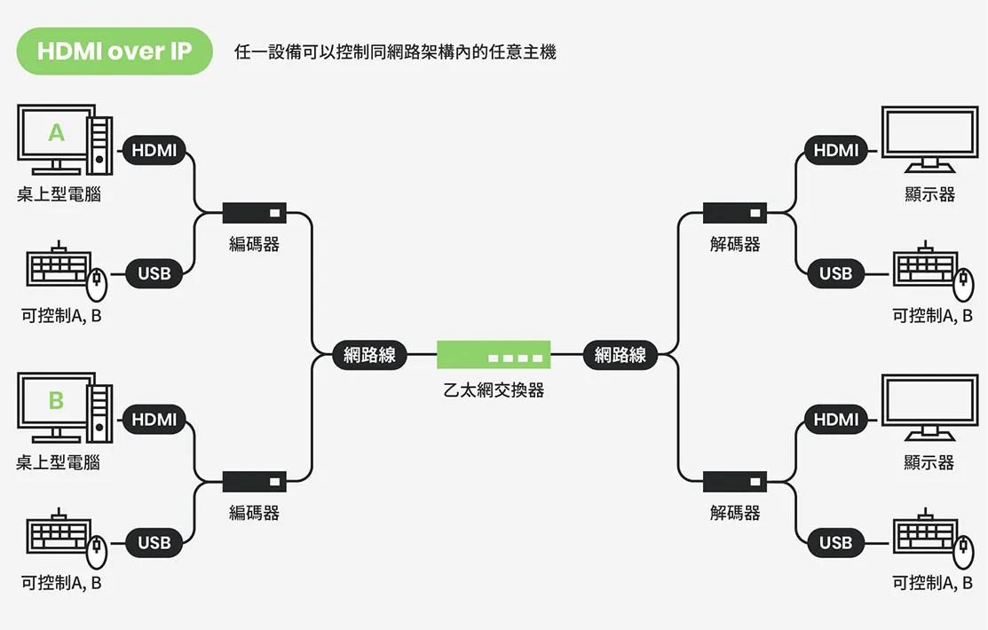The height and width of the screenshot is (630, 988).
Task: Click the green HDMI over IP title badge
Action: coord(115,51)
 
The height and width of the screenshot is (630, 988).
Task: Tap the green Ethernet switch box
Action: coord(494,354)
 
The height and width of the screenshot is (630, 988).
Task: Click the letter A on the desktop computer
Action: coord(57,133)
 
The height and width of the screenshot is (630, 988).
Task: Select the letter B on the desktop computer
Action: coord(57,401)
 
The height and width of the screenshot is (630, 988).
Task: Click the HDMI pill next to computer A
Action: coord(154,151)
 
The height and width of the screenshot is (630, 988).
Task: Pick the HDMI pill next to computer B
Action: coord(154,419)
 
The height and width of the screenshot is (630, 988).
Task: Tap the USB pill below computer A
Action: coord(154,273)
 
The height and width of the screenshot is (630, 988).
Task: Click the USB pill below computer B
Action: coord(154,541)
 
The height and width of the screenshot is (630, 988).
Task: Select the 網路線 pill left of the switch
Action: coord(369,355)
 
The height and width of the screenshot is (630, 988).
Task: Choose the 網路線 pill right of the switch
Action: coord(620,355)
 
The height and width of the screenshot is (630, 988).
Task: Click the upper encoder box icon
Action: coord(255,213)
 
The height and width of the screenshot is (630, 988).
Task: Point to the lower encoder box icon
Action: coord(255,481)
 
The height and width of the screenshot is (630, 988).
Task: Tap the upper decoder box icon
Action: coord(735,213)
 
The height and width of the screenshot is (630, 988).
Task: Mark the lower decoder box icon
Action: coord(735,481)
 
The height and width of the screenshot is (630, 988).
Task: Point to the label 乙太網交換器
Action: coord(494,389)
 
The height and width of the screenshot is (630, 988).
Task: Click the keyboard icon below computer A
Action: coord(59,267)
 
